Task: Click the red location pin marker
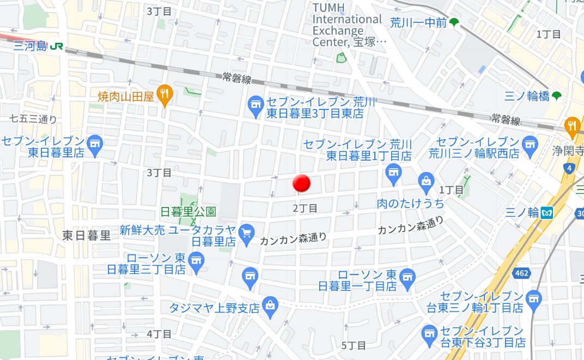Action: click(301, 183)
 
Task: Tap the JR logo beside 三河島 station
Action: click(56, 46)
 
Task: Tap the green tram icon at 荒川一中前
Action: click(454, 23)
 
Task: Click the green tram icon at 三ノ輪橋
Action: click(556, 96)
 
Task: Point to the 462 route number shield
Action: click(521, 272)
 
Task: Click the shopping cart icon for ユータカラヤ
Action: click(247, 232)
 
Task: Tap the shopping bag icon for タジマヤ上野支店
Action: click(270, 306)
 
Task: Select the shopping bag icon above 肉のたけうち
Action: click(426, 181)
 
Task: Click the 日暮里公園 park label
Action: click(188, 211)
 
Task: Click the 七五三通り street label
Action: click(33, 119)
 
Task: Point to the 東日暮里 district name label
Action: click(87, 235)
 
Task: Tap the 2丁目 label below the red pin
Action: click(305, 208)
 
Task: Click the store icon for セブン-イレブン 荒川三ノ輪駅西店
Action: click(529, 144)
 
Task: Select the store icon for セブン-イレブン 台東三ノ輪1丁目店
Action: click(534, 298)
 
